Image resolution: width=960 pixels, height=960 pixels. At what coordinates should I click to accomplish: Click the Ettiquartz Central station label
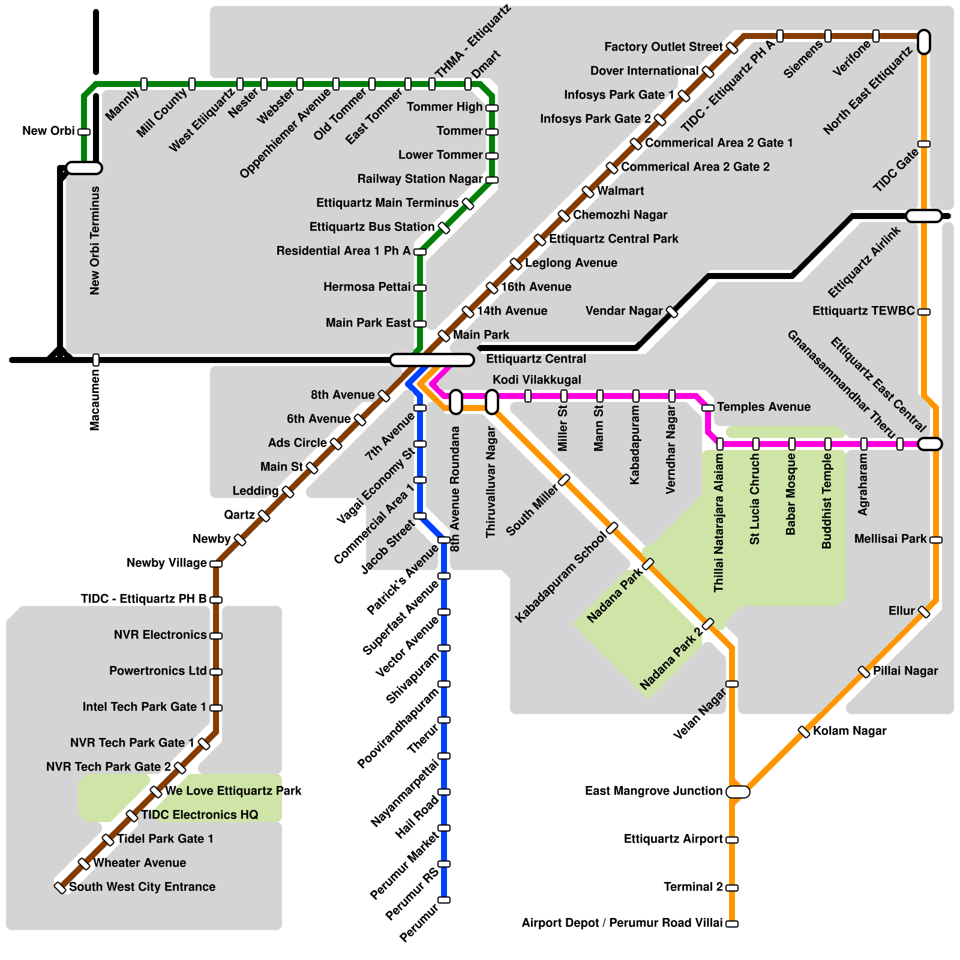[536, 359]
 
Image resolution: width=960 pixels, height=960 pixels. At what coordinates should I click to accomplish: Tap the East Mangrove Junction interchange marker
[737, 792]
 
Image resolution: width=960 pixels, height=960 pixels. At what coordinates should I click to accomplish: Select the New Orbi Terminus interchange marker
[84, 168]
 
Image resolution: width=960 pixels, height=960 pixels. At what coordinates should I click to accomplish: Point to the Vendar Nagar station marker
[672, 312]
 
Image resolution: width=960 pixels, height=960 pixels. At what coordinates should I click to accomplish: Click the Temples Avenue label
[763, 407]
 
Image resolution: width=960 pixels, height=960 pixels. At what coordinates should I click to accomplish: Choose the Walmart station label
[620, 191]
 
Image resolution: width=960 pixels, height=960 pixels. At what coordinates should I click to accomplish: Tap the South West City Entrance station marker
[60, 887]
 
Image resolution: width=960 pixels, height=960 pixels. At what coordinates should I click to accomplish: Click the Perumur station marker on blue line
[444, 900]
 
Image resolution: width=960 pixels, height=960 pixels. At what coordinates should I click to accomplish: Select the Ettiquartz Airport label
[673, 839]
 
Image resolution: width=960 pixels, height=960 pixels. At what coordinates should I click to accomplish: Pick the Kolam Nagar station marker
[804, 732]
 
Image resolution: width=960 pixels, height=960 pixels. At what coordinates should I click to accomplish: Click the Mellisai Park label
[890, 539]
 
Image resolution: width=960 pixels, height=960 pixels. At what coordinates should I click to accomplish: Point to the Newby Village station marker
[216, 564]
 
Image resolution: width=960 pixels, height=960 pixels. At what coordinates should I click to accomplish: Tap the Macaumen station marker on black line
[96, 360]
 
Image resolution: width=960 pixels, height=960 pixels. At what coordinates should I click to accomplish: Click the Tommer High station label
[445, 107]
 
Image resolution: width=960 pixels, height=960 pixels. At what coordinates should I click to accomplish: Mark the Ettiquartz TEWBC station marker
[924, 312]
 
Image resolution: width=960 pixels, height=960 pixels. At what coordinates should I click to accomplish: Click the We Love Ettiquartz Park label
[233, 791]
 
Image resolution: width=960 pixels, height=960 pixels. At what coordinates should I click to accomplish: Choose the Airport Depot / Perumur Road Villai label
[622, 923]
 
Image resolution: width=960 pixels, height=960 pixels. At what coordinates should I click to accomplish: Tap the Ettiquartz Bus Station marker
[444, 228]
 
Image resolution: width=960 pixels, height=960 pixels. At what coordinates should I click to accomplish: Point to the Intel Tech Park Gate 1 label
[145, 707]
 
